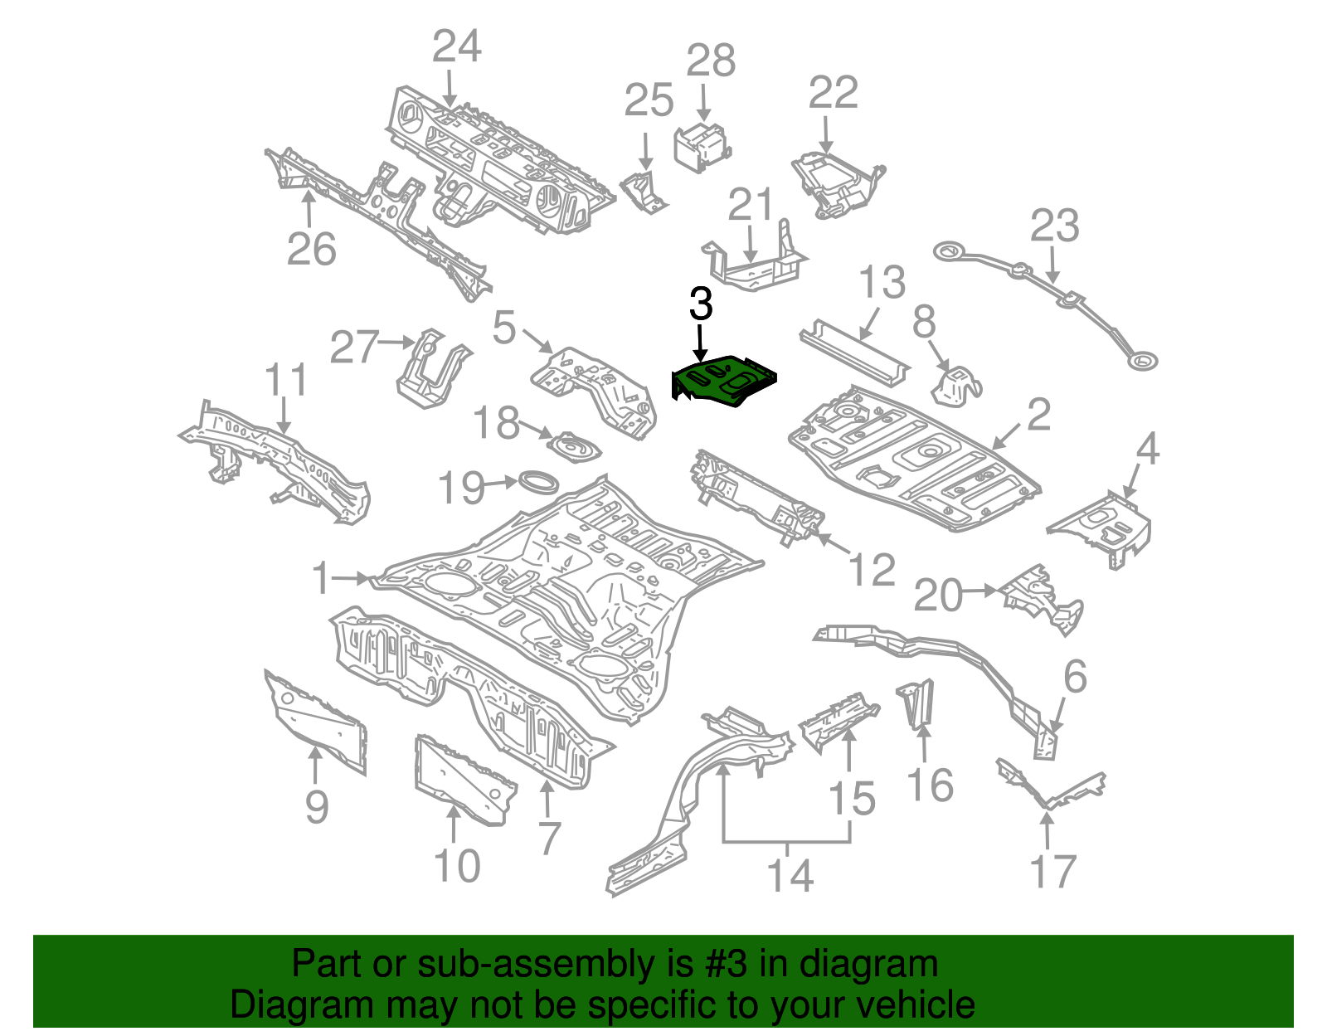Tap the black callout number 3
point(701,304)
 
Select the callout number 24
point(456,46)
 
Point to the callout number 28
point(711,61)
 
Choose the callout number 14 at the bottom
point(790,876)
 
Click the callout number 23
point(1054,226)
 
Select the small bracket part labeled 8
point(955,386)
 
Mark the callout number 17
point(1052,872)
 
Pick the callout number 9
point(317,806)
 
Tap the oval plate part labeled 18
point(574,448)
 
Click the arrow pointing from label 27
point(397,342)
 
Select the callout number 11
point(285,381)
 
